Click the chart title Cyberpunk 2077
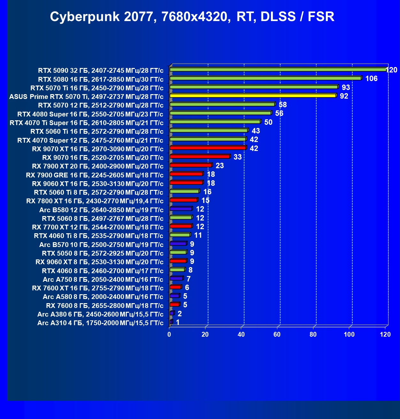(x=192, y=17)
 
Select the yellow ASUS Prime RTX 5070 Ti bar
(x=253, y=95)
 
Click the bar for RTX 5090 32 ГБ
(x=278, y=69)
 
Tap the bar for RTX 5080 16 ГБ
(x=265, y=78)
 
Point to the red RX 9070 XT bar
(x=208, y=148)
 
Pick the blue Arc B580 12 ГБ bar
(x=181, y=209)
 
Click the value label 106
(x=371, y=79)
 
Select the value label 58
(x=282, y=105)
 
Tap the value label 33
(x=237, y=157)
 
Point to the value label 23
(x=219, y=166)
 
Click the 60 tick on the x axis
(x=277, y=334)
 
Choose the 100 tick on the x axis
(x=349, y=334)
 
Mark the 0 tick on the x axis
(x=169, y=334)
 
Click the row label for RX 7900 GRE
(x=95, y=175)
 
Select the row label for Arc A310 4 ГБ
(x=100, y=323)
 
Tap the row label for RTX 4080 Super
(x=90, y=114)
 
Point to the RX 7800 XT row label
(x=95, y=201)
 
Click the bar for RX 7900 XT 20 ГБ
(x=191, y=165)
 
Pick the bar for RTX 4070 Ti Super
(x=215, y=122)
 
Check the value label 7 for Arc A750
(x=188, y=279)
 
